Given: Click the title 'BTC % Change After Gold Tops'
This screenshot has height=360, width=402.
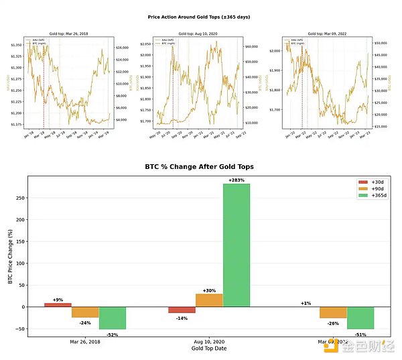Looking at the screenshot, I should [x=198, y=166].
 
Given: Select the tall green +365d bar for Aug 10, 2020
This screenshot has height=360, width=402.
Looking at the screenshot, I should [x=236, y=245].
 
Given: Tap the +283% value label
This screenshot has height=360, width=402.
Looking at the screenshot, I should [x=236, y=180].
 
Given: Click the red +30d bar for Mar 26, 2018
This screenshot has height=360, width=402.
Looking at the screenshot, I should [x=58, y=304].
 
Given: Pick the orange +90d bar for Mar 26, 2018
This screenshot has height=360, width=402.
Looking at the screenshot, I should [x=85, y=312].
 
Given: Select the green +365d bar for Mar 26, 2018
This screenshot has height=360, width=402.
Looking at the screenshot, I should [x=112, y=318].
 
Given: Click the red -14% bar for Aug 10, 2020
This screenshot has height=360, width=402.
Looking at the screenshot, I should [x=182, y=310].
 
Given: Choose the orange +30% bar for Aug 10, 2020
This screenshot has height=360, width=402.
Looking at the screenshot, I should [x=209, y=300].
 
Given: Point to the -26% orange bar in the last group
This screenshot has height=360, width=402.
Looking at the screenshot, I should [x=333, y=313].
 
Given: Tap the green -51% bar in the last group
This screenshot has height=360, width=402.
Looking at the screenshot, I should [x=360, y=318].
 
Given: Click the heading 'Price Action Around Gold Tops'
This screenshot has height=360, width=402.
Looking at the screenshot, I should [x=198, y=17].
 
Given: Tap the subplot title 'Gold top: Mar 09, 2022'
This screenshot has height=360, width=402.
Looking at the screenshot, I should [x=328, y=33].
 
